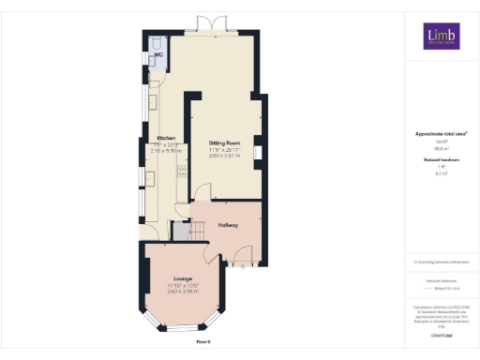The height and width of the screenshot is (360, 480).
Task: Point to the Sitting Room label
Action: (x=224, y=143)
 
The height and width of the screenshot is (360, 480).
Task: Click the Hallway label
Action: (x=229, y=225)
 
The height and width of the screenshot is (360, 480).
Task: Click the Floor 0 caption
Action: (x=203, y=343)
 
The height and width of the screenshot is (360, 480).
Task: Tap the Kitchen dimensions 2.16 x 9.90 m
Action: (x=166, y=150)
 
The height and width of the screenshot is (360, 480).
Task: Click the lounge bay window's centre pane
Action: (x=184, y=329)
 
